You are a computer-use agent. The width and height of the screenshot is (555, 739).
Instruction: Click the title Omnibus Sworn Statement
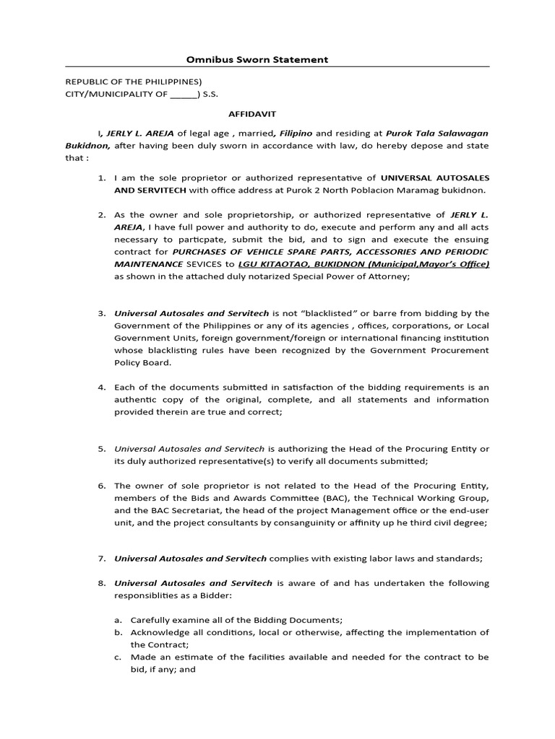pos(257,59)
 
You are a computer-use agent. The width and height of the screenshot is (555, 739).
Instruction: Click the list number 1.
pos(101,178)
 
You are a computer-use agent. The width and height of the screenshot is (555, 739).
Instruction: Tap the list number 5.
pos(101,449)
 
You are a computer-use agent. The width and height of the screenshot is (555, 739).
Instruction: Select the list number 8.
pos(101,583)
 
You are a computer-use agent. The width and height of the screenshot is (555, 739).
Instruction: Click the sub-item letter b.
pos(118,632)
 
